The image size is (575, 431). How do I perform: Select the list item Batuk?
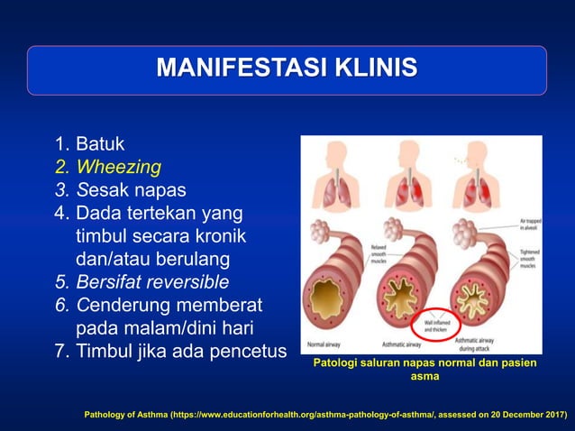[99, 144]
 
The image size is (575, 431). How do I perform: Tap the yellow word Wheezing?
[118, 167]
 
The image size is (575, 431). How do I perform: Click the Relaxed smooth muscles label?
[379, 254]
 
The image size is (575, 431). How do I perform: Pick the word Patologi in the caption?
[335, 362]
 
